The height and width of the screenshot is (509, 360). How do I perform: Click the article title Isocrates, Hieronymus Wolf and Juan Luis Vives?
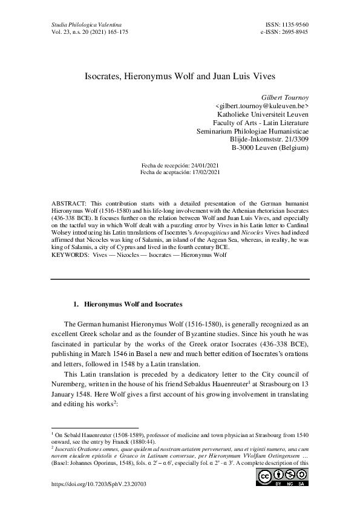[x=180, y=78]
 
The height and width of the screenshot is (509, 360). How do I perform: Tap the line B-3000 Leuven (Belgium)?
[x=270, y=148]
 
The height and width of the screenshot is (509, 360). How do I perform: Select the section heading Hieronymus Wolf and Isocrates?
[x=129, y=303]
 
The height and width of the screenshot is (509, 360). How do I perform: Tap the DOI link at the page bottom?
[x=91, y=485]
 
